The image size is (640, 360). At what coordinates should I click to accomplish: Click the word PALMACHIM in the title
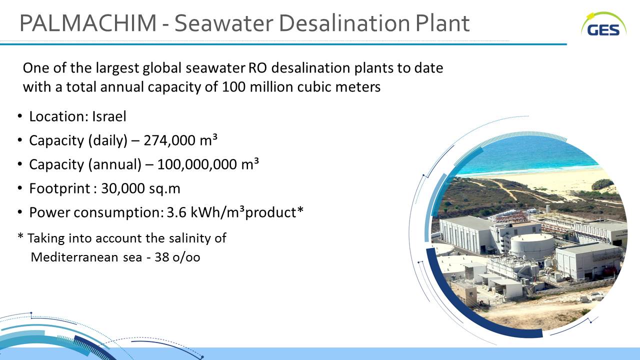tap(88, 23)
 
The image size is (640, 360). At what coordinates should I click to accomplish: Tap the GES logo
tap(603, 24)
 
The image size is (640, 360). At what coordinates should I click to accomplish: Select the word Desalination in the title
tap(346, 23)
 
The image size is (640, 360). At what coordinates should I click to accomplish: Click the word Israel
tap(109, 116)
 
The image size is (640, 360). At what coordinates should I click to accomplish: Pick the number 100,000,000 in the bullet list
tap(197, 164)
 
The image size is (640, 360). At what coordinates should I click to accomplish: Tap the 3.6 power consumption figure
tap(176, 212)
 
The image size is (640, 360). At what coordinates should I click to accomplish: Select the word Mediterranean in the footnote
tap(74, 257)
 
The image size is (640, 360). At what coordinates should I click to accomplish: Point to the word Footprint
tap(59, 188)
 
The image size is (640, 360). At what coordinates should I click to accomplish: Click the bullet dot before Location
tap(19, 116)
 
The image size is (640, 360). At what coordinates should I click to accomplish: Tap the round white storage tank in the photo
tap(532, 245)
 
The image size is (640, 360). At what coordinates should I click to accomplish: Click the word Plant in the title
tap(442, 23)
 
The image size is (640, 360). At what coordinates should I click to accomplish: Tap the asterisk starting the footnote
tap(20, 236)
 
